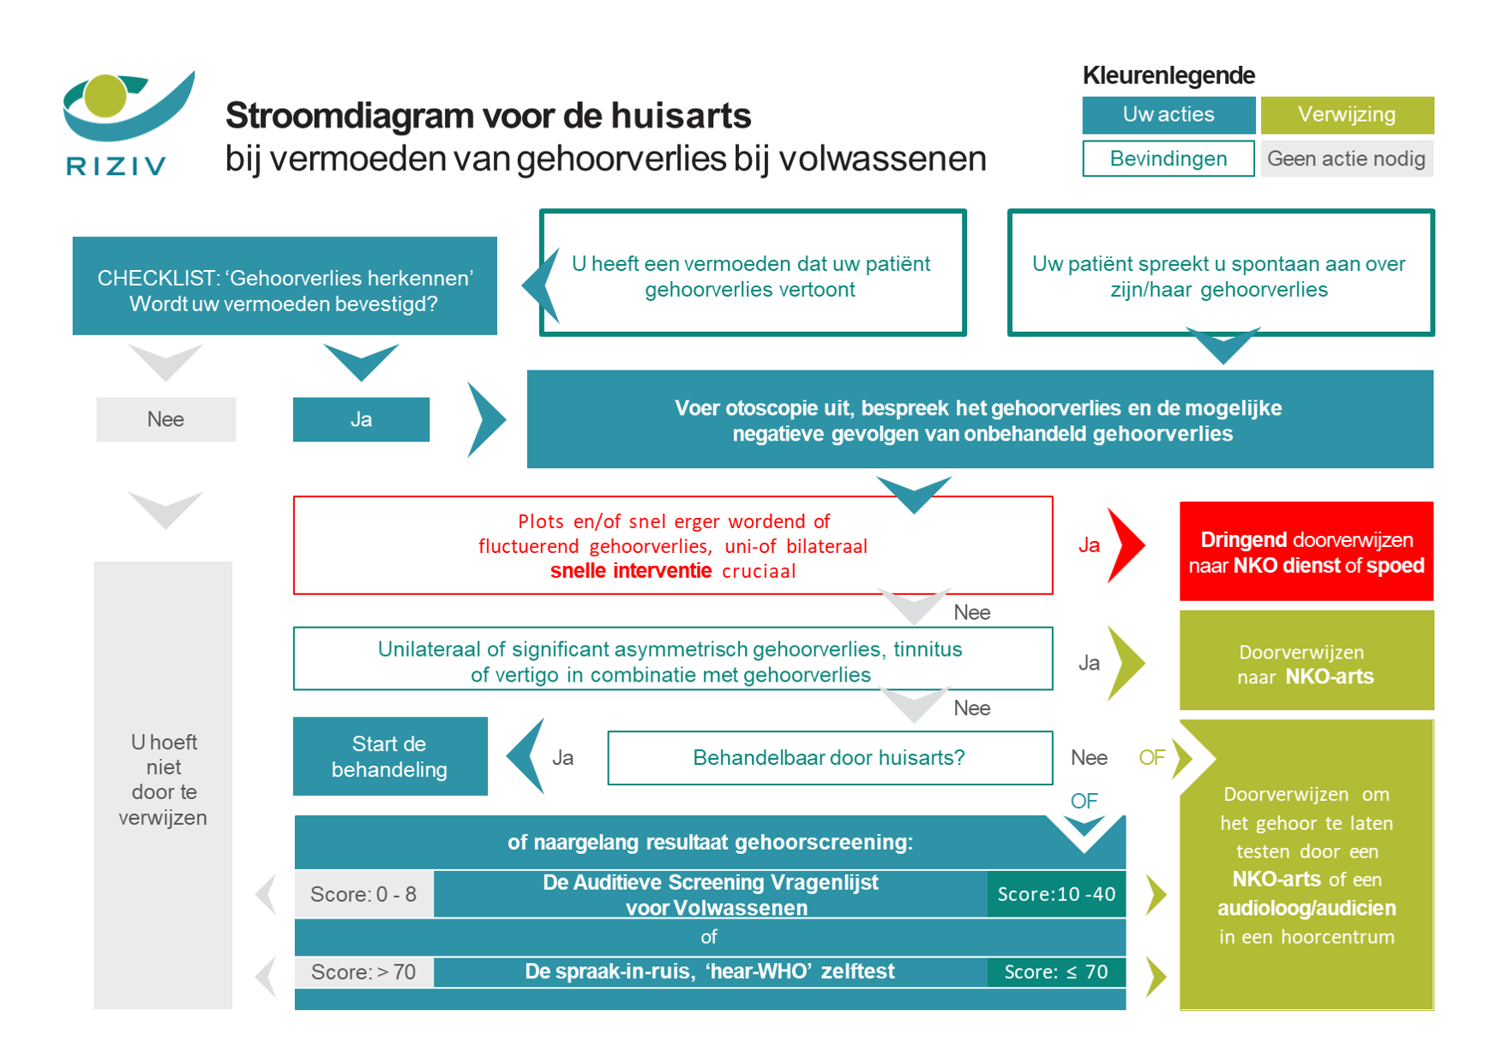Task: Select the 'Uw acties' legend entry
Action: pyautogui.click(x=1168, y=115)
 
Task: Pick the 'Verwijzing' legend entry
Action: pyautogui.click(x=1346, y=115)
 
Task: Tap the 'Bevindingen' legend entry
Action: pyautogui.click(x=1168, y=159)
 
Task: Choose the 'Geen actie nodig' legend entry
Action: pyautogui.click(x=1346, y=159)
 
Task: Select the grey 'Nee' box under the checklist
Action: pyautogui.click(x=165, y=419)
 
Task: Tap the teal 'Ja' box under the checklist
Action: pyautogui.click(x=361, y=419)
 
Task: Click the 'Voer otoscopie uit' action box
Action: pyautogui.click(x=979, y=419)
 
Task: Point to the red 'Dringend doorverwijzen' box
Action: pyautogui.click(x=1306, y=551)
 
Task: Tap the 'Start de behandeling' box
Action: pyautogui.click(x=390, y=756)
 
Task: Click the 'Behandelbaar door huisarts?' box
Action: pyautogui.click(x=829, y=758)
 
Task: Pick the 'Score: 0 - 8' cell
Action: pyautogui.click(x=363, y=894)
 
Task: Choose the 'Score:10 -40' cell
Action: pyautogui.click(x=1056, y=894)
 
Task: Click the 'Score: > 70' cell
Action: pyautogui.click(x=363, y=972)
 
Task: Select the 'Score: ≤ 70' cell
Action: pyautogui.click(x=1056, y=972)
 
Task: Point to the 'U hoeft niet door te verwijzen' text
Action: pyautogui.click(x=163, y=779)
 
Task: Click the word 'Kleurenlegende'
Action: pyautogui.click(x=1169, y=75)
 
